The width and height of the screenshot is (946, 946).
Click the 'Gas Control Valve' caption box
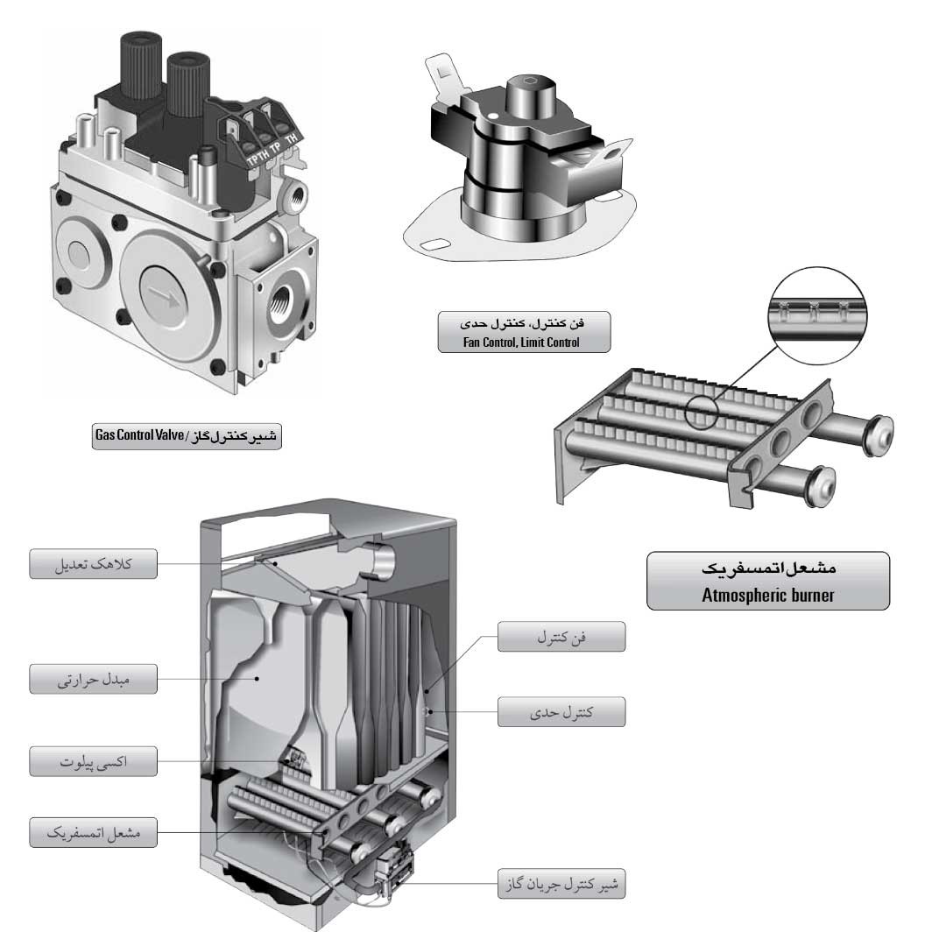point(187,435)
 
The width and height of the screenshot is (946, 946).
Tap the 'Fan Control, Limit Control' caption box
point(524,332)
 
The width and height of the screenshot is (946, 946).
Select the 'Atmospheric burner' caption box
point(768,581)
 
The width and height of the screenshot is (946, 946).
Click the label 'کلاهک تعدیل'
point(94,564)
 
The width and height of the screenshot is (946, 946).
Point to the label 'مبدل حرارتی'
point(94,680)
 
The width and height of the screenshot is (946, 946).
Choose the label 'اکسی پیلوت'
point(94,761)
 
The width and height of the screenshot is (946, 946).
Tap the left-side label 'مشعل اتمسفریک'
point(94,833)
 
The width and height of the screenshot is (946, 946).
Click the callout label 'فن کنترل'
point(561,637)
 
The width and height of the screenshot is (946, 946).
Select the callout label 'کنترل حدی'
point(561,712)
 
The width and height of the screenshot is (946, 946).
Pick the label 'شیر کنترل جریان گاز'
point(561,884)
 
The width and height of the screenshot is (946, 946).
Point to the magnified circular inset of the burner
point(817,315)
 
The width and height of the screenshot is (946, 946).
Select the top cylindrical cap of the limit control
point(530,95)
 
